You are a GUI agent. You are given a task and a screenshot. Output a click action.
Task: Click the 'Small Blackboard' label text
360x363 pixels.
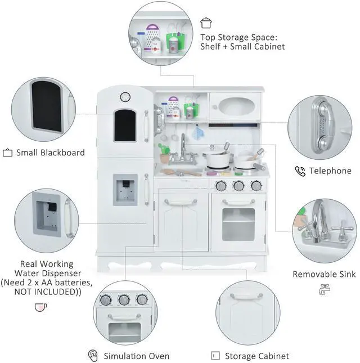50,153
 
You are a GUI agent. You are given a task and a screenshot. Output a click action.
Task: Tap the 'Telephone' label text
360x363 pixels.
330,171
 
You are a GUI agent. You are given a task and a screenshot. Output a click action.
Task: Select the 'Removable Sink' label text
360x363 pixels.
324,275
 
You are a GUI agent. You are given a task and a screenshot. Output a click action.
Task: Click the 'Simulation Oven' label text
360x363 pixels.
137,356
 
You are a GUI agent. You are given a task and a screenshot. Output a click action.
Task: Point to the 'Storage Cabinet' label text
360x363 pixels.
256,356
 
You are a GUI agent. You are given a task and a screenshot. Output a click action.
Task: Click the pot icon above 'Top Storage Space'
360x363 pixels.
206,23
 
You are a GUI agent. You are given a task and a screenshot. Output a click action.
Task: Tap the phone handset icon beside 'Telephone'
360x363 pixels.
300,171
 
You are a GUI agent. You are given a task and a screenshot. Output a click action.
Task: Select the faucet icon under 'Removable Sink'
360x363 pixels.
324,289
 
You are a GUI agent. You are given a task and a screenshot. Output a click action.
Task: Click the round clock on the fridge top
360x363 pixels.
125,96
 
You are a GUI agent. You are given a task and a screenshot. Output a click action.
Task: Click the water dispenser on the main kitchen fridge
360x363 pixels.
124,189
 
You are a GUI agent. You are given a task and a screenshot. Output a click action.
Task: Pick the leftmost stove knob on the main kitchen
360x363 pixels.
221,186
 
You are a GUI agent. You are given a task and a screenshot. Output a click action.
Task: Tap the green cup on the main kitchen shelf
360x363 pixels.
190,110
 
